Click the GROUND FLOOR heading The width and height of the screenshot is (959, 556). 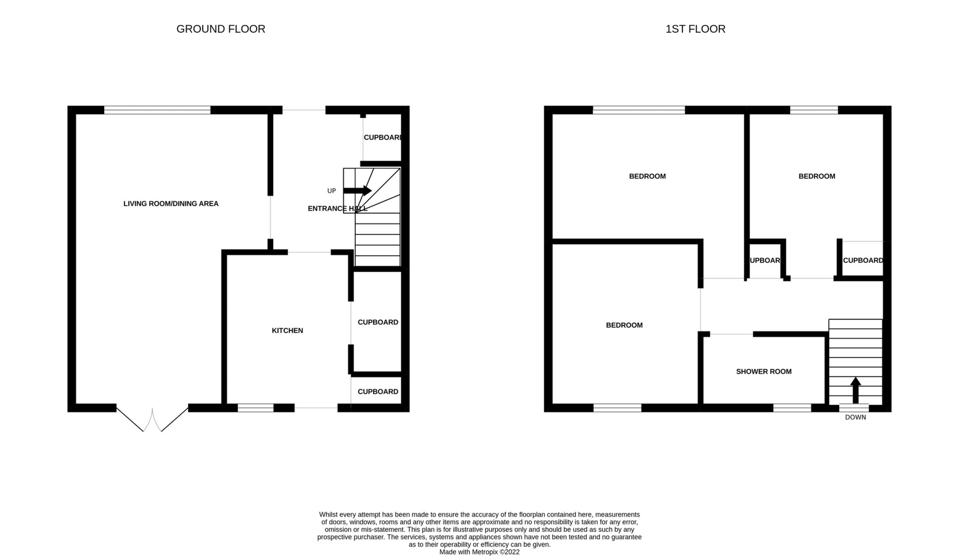pyautogui.click(x=221, y=29)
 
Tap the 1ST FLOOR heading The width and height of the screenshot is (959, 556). pyautogui.click(x=695, y=29)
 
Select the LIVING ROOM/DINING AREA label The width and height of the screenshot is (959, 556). pyautogui.click(x=171, y=204)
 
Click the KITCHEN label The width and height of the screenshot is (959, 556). pyautogui.click(x=287, y=331)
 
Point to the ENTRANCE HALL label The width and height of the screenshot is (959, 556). pyautogui.click(x=337, y=208)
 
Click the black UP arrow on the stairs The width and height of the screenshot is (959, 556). pyautogui.click(x=357, y=191)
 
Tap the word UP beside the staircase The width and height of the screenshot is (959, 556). pyautogui.click(x=332, y=191)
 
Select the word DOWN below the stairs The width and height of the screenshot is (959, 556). pyautogui.click(x=855, y=417)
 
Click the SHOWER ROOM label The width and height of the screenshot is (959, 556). pyautogui.click(x=763, y=372)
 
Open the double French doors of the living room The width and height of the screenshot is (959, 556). pyautogui.click(x=152, y=419)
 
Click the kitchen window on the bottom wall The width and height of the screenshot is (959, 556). pyautogui.click(x=256, y=408)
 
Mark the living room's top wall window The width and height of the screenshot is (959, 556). pyautogui.click(x=157, y=110)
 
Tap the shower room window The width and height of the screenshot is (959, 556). pyautogui.click(x=792, y=408)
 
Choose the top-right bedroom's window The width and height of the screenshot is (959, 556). pyautogui.click(x=814, y=110)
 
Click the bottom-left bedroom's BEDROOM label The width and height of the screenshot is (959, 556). pyautogui.click(x=624, y=325)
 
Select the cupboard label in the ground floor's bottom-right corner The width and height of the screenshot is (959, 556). pyautogui.click(x=378, y=392)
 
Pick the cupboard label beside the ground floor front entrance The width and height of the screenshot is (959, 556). pyautogui.click(x=383, y=137)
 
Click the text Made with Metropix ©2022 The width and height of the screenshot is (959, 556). pyautogui.click(x=479, y=552)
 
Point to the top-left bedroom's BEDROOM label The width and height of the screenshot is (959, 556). pyautogui.click(x=647, y=176)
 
